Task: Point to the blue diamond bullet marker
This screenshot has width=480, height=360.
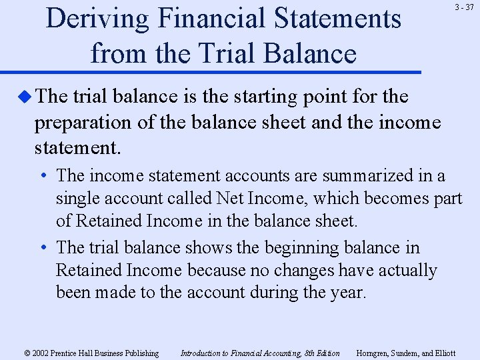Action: pos(25,97)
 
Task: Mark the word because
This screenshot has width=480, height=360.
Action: pos(213,270)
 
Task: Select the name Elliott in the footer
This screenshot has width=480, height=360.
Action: pos(443,353)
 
